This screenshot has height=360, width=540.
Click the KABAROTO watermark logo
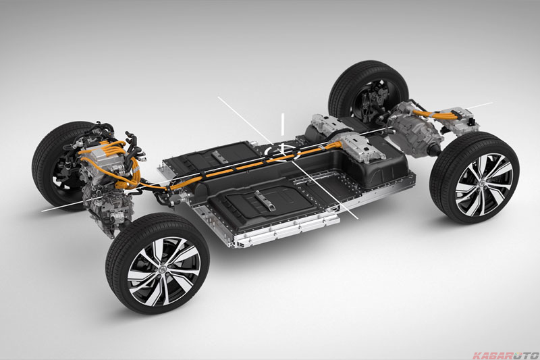tap(506, 355)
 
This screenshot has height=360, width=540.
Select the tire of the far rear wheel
tap(369, 91)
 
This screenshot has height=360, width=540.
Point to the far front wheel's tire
tap(59, 162)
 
